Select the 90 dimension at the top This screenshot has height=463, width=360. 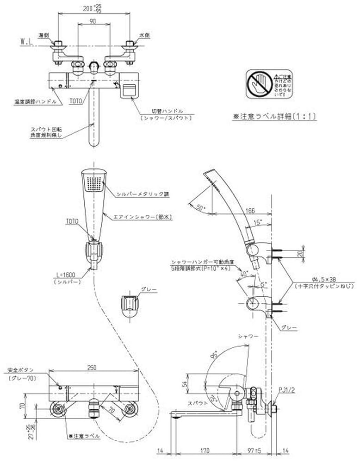[x=93, y=20]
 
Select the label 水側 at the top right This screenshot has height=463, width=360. [x=144, y=35]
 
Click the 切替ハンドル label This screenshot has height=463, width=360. [x=168, y=112]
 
